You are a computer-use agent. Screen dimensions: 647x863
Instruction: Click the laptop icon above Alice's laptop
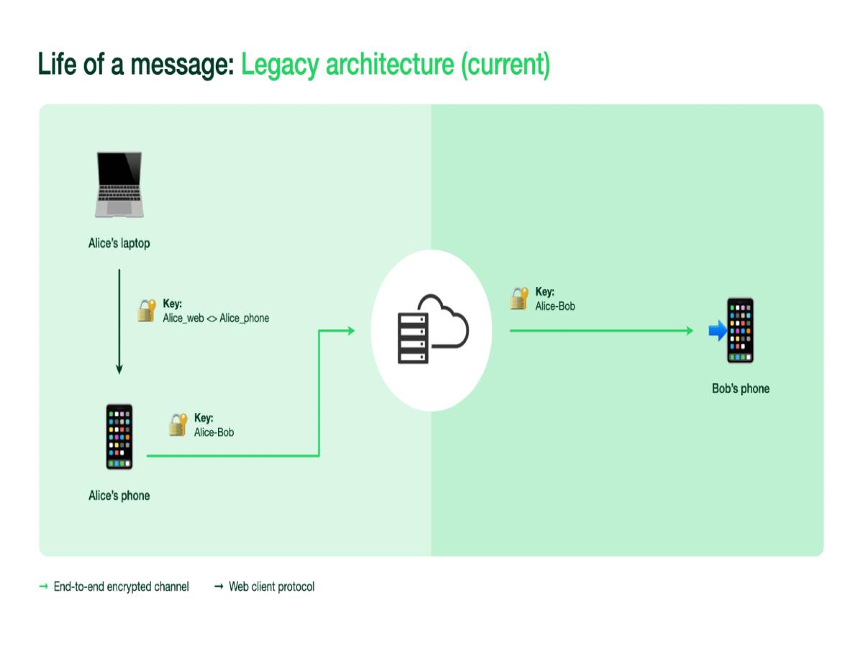coord(119,184)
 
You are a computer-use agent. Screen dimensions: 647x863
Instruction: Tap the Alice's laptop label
coord(119,244)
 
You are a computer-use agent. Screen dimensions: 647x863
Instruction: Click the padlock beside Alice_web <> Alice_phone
coord(147,311)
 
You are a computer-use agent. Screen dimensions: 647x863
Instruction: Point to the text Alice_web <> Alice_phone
coord(216,318)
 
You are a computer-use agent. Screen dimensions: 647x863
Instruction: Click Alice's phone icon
coord(119,437)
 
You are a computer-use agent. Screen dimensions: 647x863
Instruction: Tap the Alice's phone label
coord(119,495)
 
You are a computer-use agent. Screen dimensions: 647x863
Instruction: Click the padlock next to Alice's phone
coord(178,425)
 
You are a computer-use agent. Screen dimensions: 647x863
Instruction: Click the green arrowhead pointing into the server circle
coord(350,331)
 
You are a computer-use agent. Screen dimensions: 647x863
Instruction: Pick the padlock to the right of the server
coord(519,298)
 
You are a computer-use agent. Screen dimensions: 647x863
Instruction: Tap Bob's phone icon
coord(740,331)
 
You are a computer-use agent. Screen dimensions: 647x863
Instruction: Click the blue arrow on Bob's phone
coord(718,331)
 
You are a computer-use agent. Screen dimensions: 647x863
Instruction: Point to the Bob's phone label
coord(740,389)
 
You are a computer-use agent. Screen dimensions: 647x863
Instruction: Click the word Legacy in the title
coord(280,65)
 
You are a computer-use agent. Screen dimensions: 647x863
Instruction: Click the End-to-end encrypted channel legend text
coord(121,587)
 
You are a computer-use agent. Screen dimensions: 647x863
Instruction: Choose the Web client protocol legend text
coord(271,587)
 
